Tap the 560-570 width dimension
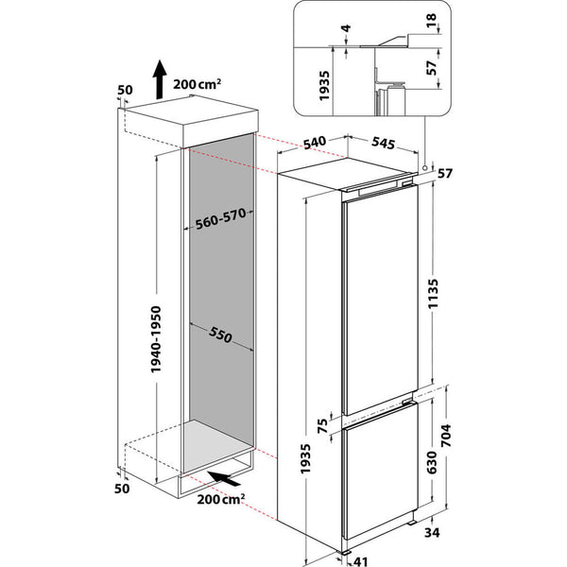tap(219, 219)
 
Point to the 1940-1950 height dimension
tap(160, 341)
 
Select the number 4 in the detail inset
tap(347, 31)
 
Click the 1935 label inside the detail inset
tap(325, 83)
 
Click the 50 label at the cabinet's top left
tap(124, 91)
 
